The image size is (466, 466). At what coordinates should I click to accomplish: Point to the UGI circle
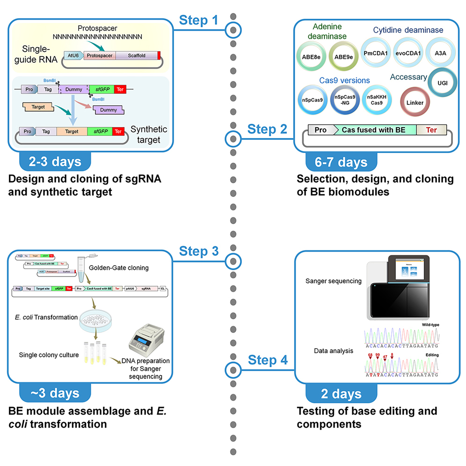click(x=442, y=82)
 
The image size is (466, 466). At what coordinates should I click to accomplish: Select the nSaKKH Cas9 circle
click(x=377, y=99)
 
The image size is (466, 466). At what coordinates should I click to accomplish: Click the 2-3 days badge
click(x=55, y=162)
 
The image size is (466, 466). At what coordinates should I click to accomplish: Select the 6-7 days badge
click(x=341, y=162)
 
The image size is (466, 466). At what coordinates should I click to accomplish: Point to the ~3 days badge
click(x=55, y=393)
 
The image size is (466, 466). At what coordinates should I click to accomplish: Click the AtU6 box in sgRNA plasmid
click(x=73, y=55)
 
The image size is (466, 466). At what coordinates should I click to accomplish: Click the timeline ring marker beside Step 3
click(x=233, y=261)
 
